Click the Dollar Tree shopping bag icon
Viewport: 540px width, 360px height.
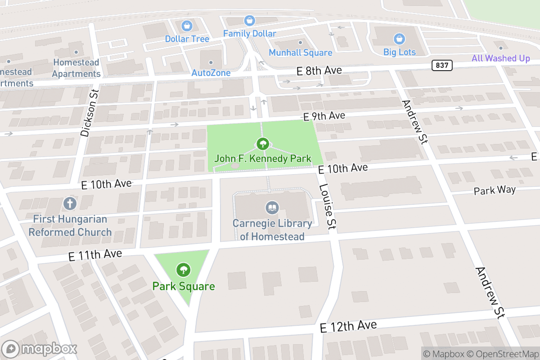coord(187,25)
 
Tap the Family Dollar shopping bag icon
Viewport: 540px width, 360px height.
coord(249,20)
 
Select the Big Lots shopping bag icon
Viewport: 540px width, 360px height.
coord(399,38)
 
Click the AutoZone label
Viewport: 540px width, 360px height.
coord(211,73)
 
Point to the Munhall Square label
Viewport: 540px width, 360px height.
coord(301,53)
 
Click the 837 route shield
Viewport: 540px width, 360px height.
coord(442,65)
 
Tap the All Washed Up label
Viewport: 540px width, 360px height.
coord(501,58)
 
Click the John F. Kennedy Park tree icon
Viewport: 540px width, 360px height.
coord(262,144)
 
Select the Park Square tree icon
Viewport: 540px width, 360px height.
coord(183,270)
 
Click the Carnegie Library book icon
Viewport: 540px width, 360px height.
coord(272,208)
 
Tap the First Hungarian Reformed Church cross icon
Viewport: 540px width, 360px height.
coord(70,203)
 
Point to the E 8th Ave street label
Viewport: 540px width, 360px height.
coord(319,71)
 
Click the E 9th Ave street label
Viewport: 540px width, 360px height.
coord(324,117)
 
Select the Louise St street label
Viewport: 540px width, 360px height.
coord(328,207)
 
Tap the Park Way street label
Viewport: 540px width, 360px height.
coord(495,190)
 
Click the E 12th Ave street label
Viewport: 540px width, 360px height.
coord(348,326)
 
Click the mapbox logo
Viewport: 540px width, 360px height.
coord(40,349)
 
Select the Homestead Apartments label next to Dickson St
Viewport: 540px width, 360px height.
coord(76,67)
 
